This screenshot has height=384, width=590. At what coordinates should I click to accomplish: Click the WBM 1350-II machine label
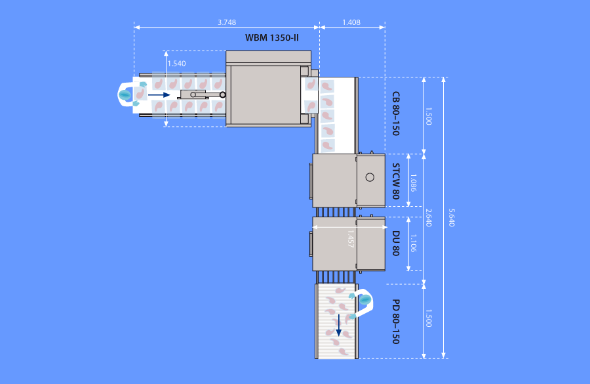(271, 37)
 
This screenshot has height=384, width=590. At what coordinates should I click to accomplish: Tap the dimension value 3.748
(227, 22)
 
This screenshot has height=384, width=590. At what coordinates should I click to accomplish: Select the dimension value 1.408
(351, 22)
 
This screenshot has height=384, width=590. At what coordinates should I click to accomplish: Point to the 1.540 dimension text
(176, 63)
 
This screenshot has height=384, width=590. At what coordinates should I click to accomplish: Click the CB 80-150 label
(395, 114)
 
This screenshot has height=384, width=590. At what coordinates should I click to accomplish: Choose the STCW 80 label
(395, 181)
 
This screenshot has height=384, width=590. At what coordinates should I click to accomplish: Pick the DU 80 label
(395, 243)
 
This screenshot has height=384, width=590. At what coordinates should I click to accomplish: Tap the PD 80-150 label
(395, 322)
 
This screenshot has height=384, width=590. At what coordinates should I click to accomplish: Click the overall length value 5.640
(452, 217)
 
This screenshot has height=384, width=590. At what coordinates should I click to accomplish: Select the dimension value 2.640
(428, 217)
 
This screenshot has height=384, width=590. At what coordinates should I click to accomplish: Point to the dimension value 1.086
(413, 182)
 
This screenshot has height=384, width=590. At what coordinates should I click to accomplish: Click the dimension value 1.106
(413, 243)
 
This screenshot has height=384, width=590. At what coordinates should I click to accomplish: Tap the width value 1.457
(350, 238)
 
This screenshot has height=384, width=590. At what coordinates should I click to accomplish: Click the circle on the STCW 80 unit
(370, 177)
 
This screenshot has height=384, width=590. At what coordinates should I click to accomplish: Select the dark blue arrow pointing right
(159, 95)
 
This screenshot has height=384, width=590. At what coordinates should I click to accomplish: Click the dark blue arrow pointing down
(339, 325)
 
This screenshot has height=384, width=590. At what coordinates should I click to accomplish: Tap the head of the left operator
(125, 95)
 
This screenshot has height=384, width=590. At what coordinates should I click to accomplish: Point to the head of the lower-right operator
(365, 300)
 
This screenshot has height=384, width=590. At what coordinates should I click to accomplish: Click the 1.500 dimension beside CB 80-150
(428, 116)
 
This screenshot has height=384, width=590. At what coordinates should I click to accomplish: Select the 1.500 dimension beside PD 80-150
(428, 318)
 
